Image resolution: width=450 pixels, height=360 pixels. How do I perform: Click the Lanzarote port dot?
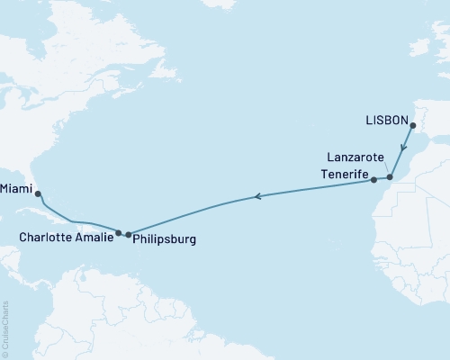(390, 177)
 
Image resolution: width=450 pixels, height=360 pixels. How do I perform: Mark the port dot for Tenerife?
(373, 180)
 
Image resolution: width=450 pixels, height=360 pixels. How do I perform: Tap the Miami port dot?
(38, 193)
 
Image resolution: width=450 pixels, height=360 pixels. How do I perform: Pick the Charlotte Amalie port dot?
(119, 232)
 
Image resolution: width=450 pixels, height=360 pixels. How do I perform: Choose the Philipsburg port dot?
(128, 234)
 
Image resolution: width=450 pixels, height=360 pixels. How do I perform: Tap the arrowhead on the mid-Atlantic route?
(257, 196)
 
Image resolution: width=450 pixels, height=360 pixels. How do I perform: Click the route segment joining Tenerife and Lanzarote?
(382, 179)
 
